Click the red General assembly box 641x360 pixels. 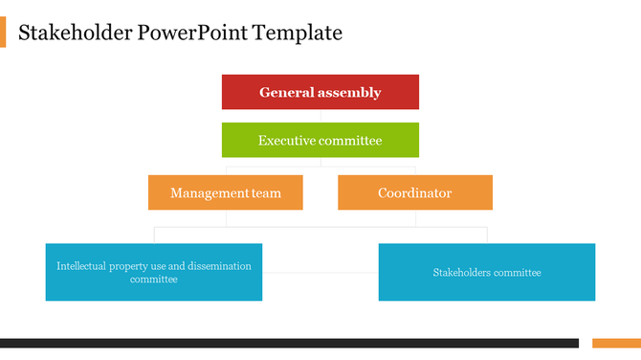320,92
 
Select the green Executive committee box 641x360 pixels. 320,140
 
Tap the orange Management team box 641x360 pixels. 226,192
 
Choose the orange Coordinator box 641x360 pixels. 414,192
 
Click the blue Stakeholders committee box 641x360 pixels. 486,272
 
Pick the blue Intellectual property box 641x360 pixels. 153,272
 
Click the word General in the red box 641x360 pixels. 284,93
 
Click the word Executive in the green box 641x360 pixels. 287,141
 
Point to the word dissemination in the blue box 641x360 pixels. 215,266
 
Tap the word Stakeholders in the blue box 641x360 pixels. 462,273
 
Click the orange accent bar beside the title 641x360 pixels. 3,33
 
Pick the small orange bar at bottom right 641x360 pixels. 616,343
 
